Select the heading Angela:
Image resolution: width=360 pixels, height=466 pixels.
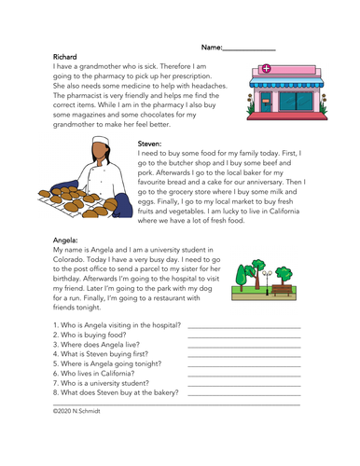click(68, 239)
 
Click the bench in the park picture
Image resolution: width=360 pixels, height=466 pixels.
click(279, 289)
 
